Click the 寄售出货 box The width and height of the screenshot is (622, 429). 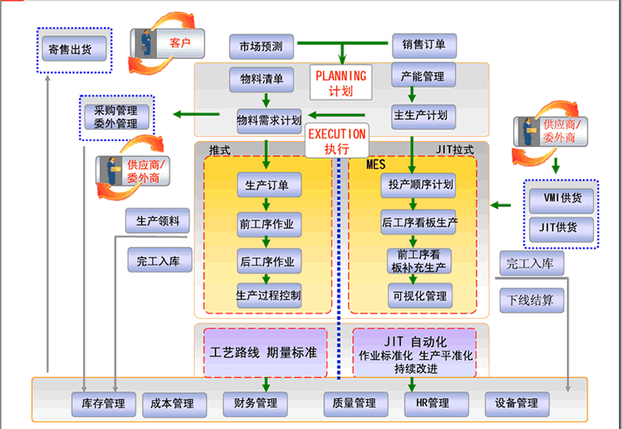pyautogui.click(x=70, y=49)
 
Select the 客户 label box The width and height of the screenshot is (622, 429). pyautogui.click(x=179, y=42)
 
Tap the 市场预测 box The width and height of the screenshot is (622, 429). pyautogui.click(x=261, y=46)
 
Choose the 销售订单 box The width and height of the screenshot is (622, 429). pyautogui.click(x=423, y=45)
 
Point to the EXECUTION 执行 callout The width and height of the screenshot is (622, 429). pyautogui.click(x=337, y=140)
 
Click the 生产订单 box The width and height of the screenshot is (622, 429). pyautogui.click(x=267, y=185)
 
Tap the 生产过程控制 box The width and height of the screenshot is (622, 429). pyautogui.click(x=268, y=296)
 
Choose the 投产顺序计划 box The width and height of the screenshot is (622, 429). pyautogui.click(x=420, y=185)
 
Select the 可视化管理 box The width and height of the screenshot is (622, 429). pyautogui.click(x=420, y=296)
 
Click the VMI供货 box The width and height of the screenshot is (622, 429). pyautogui.click(x=561, y=197)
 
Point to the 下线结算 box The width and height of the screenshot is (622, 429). pyautogui.click(x=532, y=301)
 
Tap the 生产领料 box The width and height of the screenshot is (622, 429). pyautogui.click(x=157, y=221)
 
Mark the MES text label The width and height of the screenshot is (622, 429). pyautogui.click(x=376, y=165)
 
